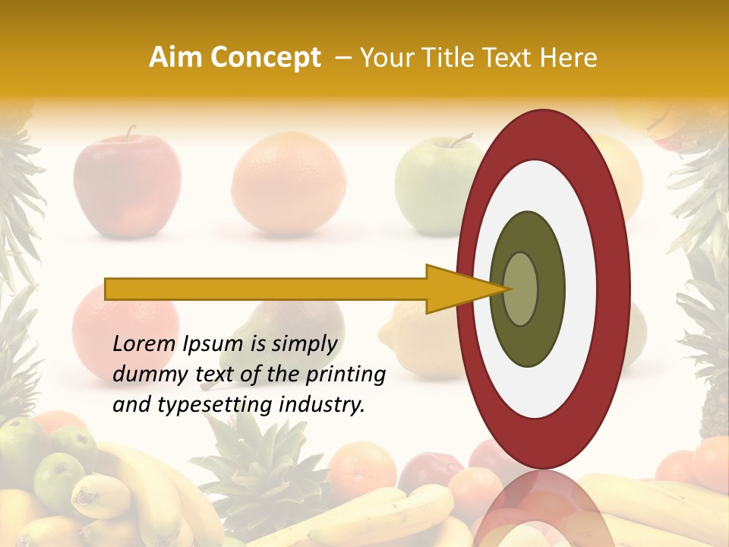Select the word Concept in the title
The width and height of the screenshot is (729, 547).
(x=265, y=58)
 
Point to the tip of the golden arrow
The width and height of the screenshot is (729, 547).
(x=507, y=289)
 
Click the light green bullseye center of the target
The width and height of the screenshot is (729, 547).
(x=521, y=289)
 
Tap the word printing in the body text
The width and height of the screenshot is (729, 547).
(x=346, y=375)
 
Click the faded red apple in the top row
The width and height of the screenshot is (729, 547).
(x=128, y=182)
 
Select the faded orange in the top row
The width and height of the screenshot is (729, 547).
(x=289, y=182)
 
